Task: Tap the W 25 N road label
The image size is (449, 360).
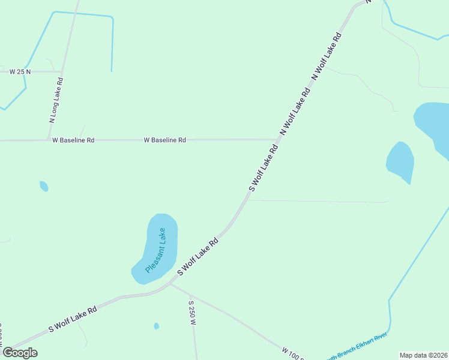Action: (20, 71)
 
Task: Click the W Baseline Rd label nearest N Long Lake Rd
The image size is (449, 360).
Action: (73, 140)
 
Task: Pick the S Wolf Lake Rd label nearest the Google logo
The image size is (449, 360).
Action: (73, 319)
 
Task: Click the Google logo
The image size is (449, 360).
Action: (20, 353)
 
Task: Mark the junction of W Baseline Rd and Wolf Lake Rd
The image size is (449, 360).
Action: (277, 139)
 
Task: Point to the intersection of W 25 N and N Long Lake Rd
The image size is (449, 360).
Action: (62, 71)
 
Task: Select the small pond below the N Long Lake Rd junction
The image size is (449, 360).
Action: (44, 186)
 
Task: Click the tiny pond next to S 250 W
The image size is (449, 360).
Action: (157, 326)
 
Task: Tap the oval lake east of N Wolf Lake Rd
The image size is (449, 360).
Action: (400, 161)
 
